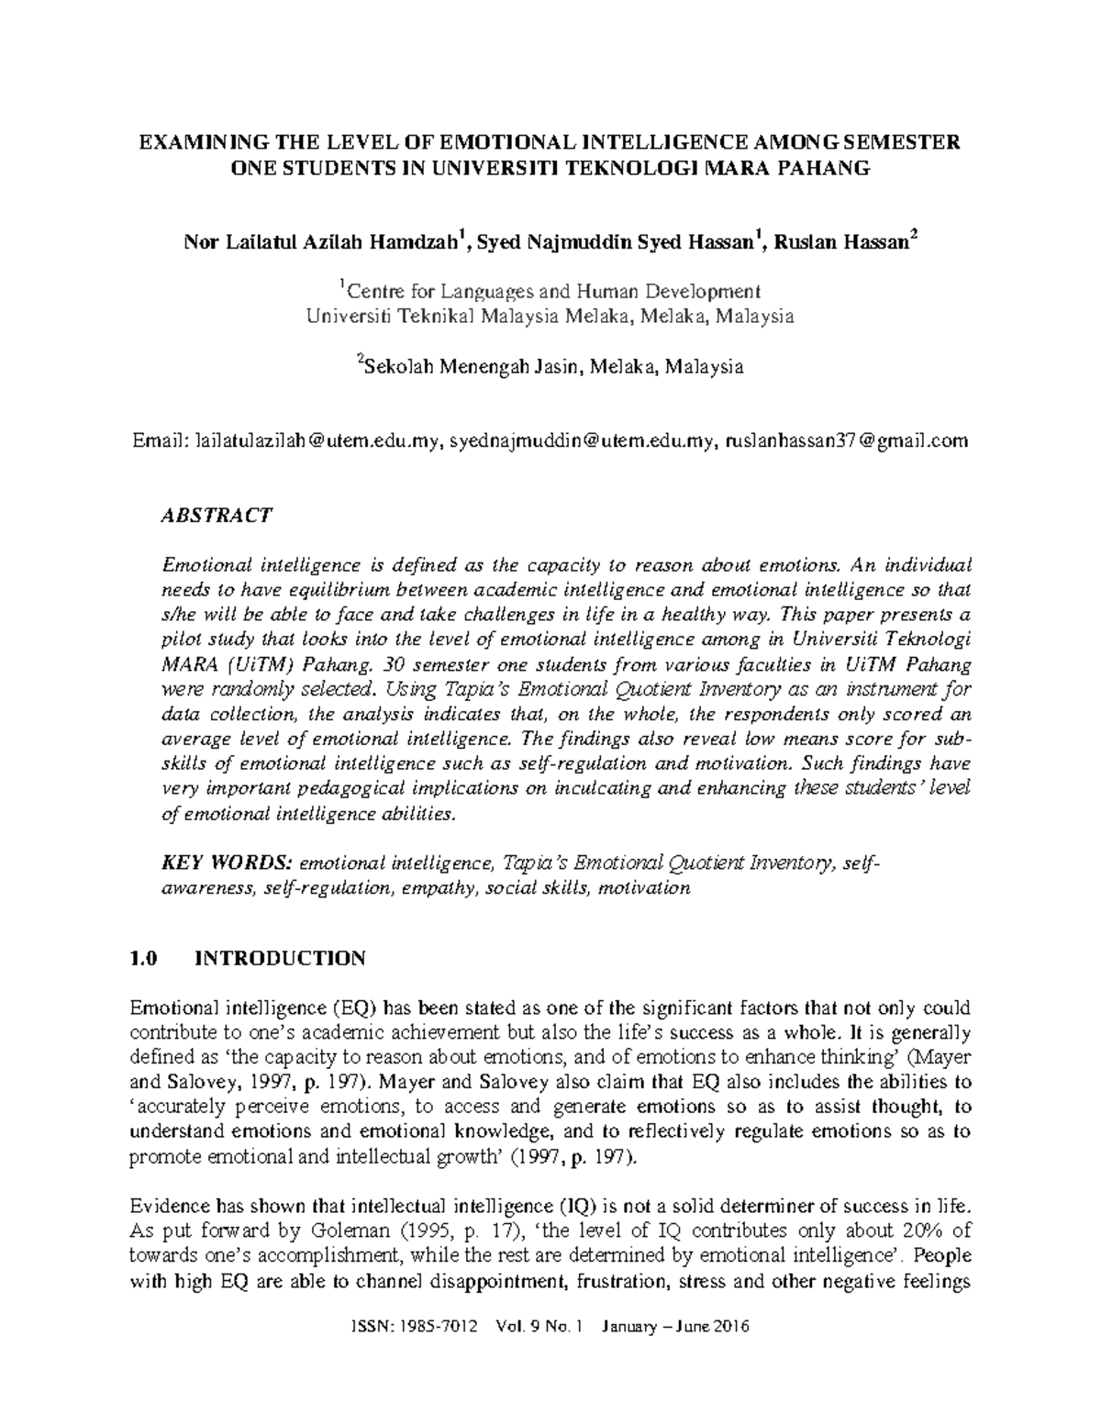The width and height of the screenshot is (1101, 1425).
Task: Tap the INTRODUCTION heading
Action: [x=281, y=959]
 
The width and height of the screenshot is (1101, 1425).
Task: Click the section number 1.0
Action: [x=145, y=959]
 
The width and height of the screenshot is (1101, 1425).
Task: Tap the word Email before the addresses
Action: [x=157, y=441]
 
